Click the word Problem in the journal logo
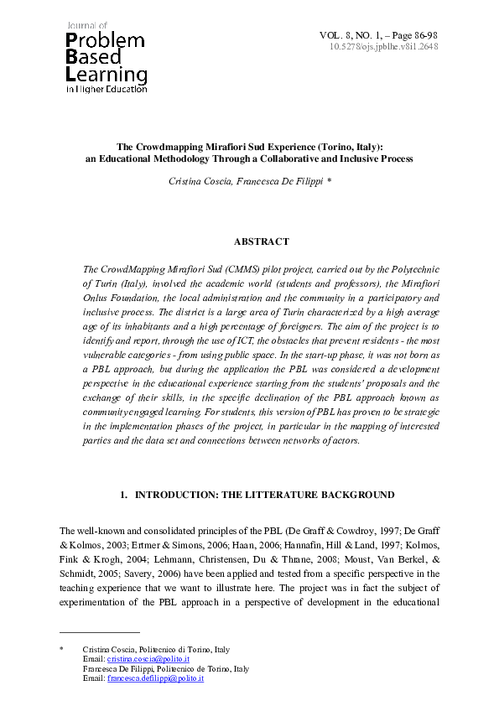[105, 41]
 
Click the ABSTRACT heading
[261, 241]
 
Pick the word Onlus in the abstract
[99, 298]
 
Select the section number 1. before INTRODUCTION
[126, 495]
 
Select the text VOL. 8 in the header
[335, 34]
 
